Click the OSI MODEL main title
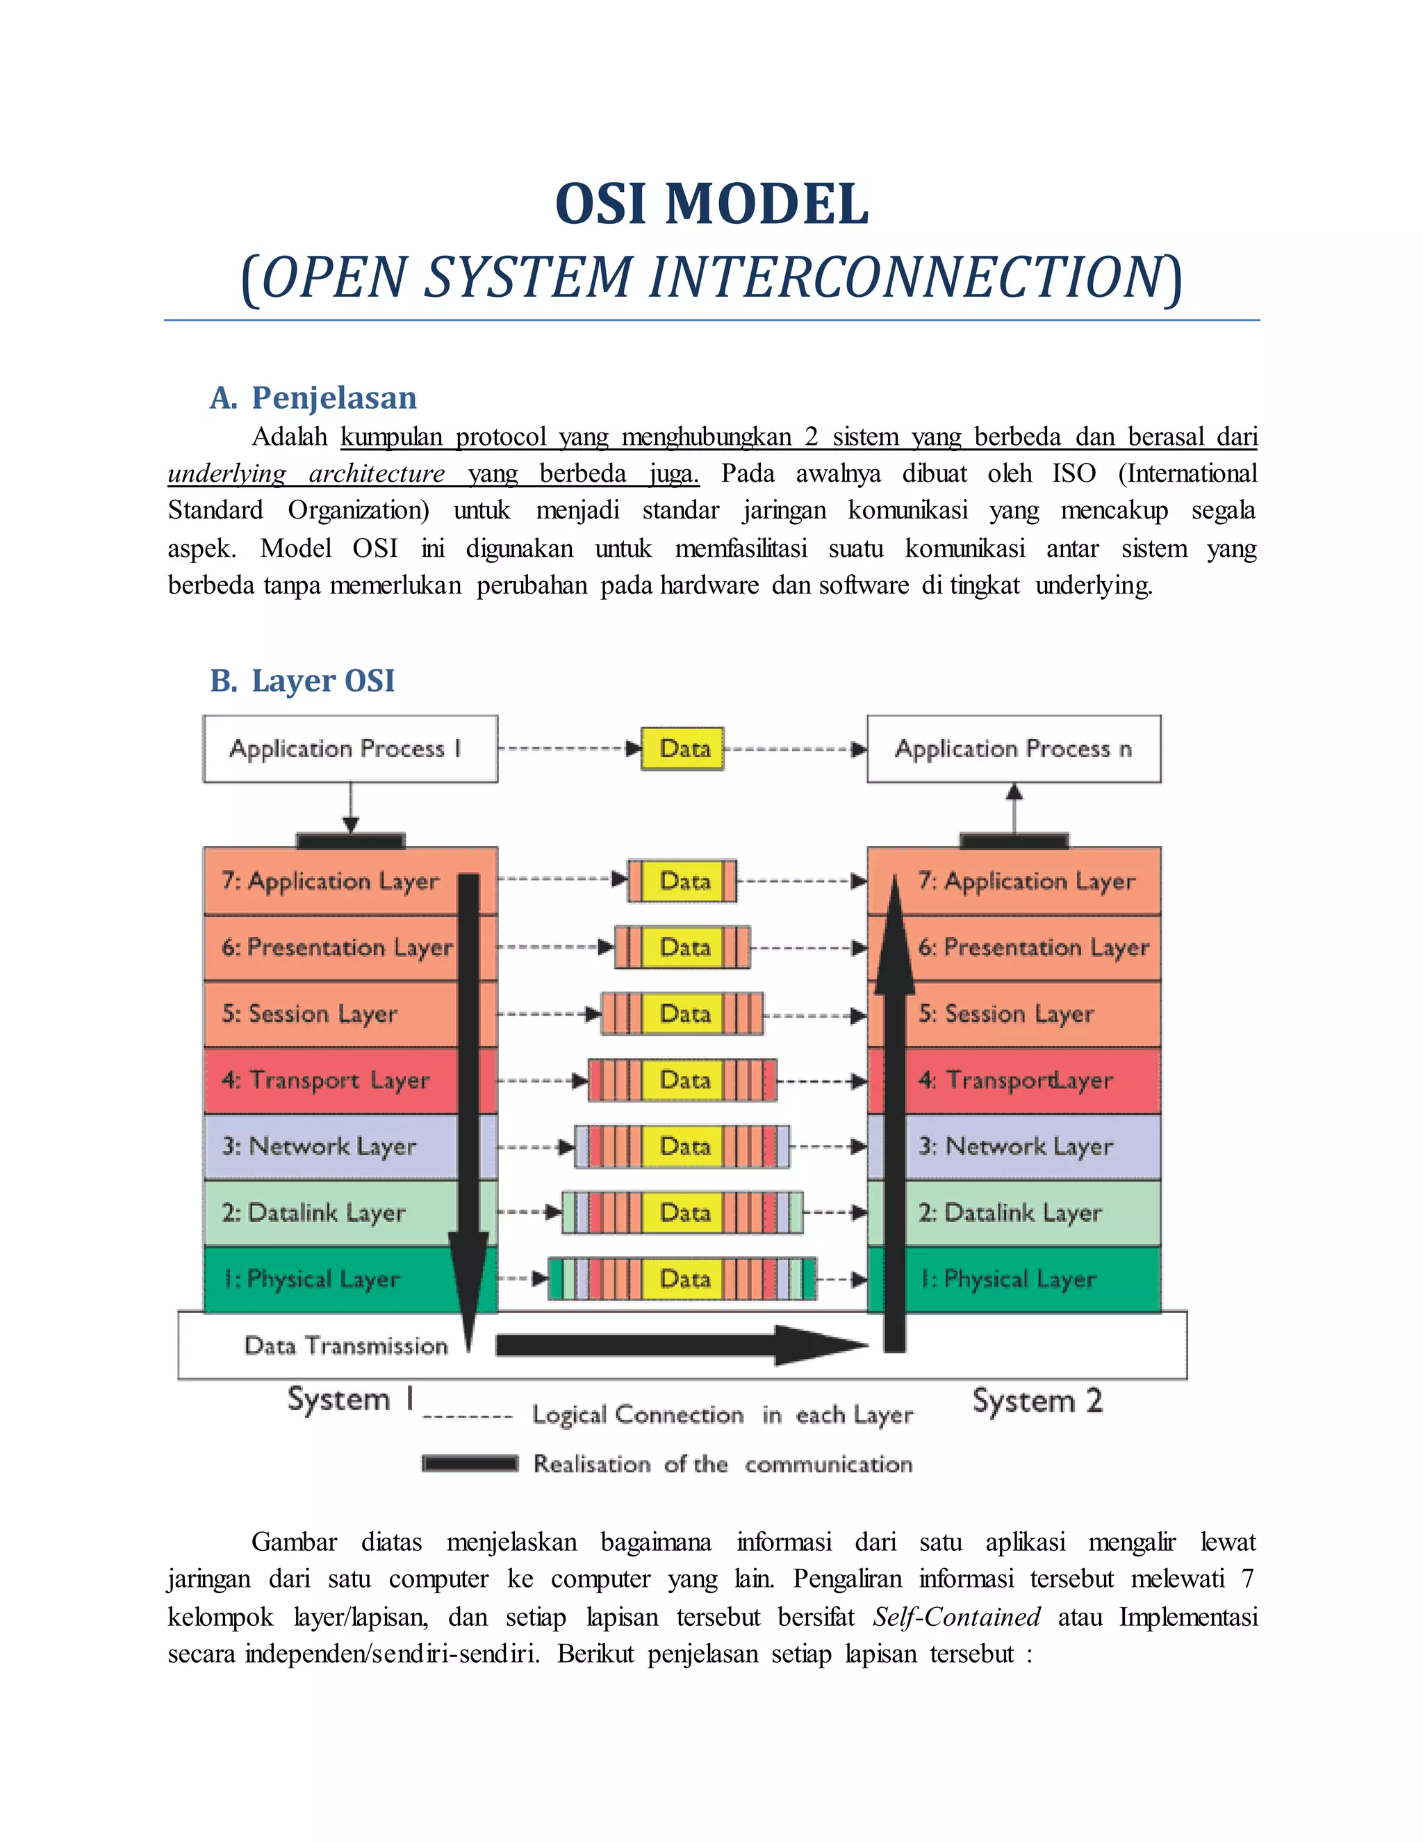coord(711,204)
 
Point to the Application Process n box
coord(1013,749)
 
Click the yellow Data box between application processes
coord(683,749)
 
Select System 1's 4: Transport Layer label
coord(327,1080)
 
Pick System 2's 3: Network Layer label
coord(1016,1146)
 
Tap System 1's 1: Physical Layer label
coord(312,1280)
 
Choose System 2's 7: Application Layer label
coord(1027,881)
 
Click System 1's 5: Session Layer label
coord(309,1013)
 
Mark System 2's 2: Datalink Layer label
coord(1010,1213)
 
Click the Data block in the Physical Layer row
coord(684,1280)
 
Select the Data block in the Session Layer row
coord(684,1013)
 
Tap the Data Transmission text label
coord(345,1346)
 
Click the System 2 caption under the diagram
coord(1037,1401)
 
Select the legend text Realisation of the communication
coord(723,1464)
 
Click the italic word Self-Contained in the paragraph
coord(956,1617)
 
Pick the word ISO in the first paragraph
coord(1073,473)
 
